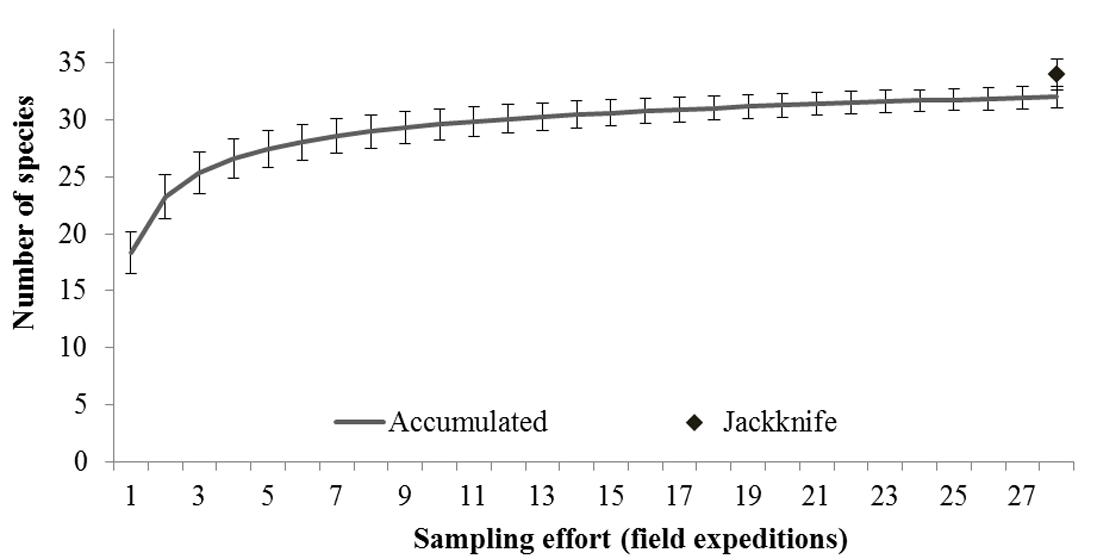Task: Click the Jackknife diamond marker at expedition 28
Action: pos(1056,74)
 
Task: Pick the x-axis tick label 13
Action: pos(542,496)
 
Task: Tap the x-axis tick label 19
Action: pos(747,496)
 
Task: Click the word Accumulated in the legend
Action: pos(467,422)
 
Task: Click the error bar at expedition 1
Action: pos(131,252)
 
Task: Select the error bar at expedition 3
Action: pos(199,173)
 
